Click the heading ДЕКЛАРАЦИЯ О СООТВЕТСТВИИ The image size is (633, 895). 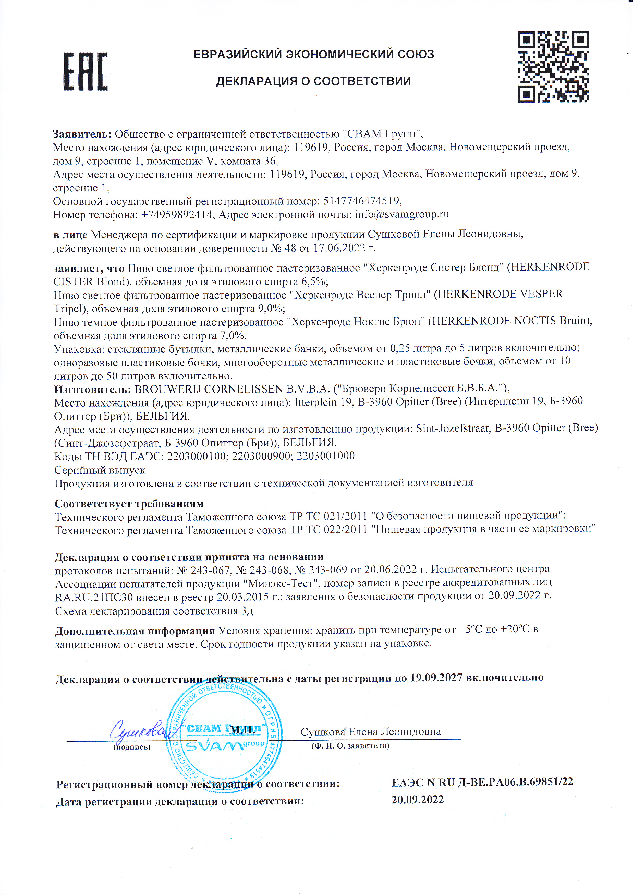coord(313,81)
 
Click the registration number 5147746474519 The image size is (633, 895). coord(361,201)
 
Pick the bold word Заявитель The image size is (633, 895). coord(82,134)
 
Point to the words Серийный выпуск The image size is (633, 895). coord(100,470)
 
